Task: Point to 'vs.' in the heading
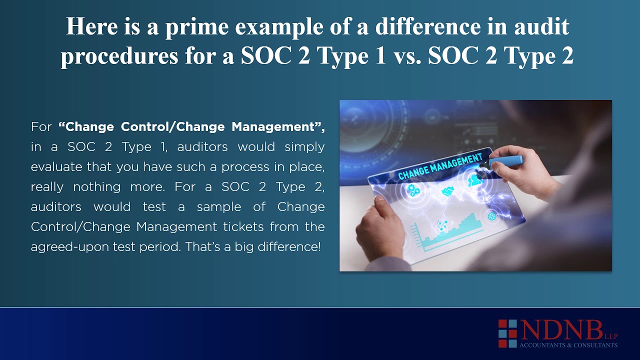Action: tap(406, 56)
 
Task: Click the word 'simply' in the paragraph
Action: tap(304, 147)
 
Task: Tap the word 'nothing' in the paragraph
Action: tap(97, 187)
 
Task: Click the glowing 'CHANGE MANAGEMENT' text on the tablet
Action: tap(440, 166)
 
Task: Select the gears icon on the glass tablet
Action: tap(413, 190)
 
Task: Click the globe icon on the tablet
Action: tap(491, 216)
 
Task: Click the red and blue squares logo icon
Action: tap(507, 333)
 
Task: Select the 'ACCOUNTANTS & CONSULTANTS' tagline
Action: tap(568, 345)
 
